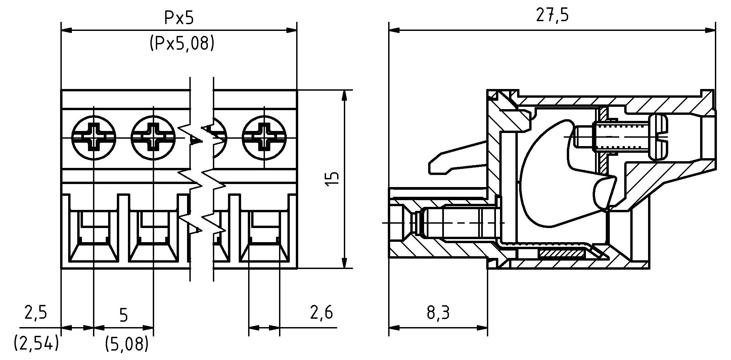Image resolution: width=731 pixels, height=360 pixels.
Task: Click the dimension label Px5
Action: [179, 18]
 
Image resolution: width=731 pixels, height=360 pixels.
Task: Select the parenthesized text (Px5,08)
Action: [182, 43]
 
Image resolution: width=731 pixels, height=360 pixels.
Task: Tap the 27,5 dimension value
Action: [552, 15]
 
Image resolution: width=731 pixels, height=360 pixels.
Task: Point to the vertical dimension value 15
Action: [332, 179]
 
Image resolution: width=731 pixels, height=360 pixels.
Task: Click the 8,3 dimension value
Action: [438, 313]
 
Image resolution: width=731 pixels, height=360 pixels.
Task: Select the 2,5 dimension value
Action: [36, 312]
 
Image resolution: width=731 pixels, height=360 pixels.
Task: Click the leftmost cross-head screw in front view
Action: [94, 138]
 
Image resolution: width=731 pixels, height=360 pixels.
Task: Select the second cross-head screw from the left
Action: [153, 138]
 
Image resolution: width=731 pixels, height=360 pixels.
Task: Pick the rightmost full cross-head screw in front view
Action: [264, 138]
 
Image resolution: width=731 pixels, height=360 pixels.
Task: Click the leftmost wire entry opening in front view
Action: [94, 237]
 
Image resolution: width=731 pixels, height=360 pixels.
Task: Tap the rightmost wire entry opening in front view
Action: [264, 237]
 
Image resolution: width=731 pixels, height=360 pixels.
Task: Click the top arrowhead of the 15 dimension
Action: [344, 95]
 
